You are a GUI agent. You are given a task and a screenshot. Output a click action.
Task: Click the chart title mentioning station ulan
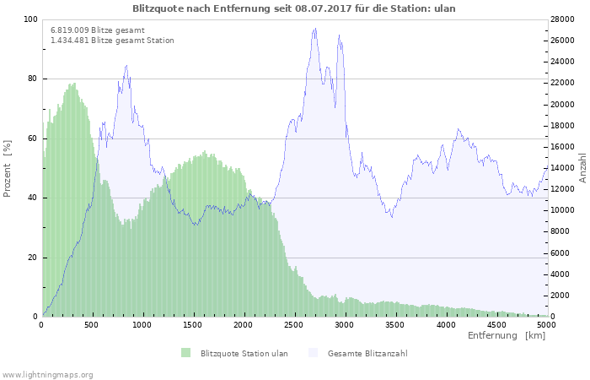pos(293,8)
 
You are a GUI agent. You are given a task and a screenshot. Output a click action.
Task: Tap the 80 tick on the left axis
pos(32,79)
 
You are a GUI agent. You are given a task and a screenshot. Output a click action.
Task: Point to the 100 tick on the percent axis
pos(30,19)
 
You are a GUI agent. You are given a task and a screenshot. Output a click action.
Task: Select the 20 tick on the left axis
pos(32,258)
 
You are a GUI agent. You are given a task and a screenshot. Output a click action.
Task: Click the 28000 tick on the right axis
pos(562,19)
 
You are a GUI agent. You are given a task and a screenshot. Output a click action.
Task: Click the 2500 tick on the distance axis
pos(293,324)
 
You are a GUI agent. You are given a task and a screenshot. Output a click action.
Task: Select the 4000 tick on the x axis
pos(445,324)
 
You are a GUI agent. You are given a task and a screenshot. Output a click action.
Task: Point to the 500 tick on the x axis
pos(92,324)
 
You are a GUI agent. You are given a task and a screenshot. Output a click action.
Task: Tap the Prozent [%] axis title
pos(8,169)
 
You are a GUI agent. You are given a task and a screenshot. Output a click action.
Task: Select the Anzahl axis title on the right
pos(582,168)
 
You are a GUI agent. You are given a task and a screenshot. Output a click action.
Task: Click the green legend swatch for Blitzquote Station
pos(185,353)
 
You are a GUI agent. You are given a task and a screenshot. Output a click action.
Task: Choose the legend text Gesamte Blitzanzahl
pos(367,353)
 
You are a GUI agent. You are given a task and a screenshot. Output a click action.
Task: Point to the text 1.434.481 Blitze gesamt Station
pos(112,40)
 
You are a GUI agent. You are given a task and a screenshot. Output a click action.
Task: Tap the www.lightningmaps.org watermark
pos(47,374)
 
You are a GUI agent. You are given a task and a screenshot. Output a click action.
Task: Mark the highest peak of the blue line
pos(315,29)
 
